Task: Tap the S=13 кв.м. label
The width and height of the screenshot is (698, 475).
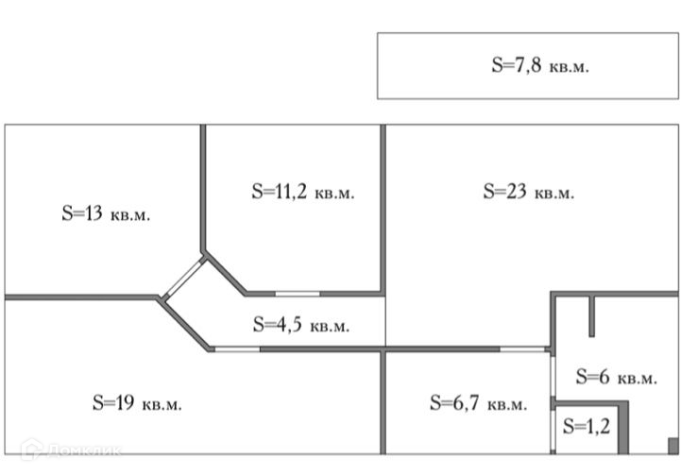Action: [x=106, y=213]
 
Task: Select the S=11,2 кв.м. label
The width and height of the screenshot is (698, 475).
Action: [x=302, y=191]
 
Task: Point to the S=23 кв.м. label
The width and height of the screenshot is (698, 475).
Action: [x=528, y=192]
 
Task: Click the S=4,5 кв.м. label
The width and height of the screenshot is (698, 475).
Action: [x=301, y=325]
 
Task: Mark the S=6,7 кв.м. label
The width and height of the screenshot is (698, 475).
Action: [x=478, y=403]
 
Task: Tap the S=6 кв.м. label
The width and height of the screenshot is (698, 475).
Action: [x=616, y=377]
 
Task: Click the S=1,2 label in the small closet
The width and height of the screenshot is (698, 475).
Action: [x=587, y=425]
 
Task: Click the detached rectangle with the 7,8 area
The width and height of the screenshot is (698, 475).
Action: [x=425, y=66]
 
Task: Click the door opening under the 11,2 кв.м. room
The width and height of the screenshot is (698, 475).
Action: [x=297, y=294]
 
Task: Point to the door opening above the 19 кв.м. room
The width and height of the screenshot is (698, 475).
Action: [x=237, y=349]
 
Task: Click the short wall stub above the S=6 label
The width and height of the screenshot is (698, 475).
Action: [x=591, y=316]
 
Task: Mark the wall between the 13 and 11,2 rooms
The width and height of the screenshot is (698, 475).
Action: [x=203, y=189]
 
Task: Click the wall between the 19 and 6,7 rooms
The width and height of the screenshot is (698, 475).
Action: [x=383, y=401]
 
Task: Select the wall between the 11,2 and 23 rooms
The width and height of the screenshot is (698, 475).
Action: [x=383, y=208]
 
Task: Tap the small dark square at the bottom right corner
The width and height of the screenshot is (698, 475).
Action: [x=672, y=446]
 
